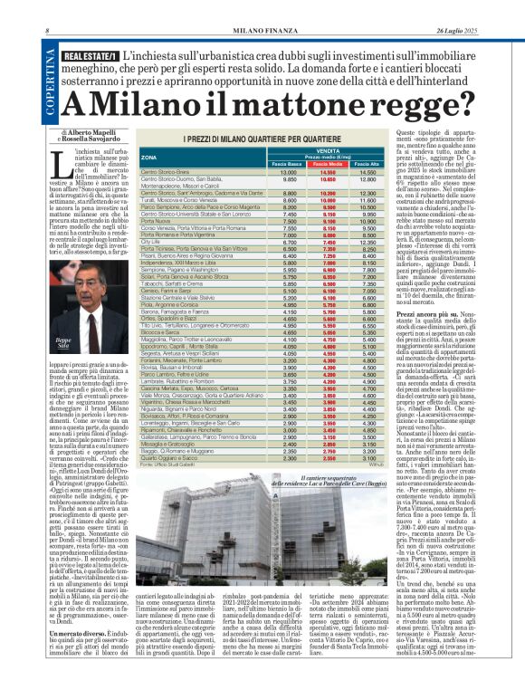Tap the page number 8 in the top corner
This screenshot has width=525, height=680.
pyautogui.click(x=47, y=33)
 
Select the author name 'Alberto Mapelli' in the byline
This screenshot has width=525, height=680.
pyautogui.click(x=91, y=130)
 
